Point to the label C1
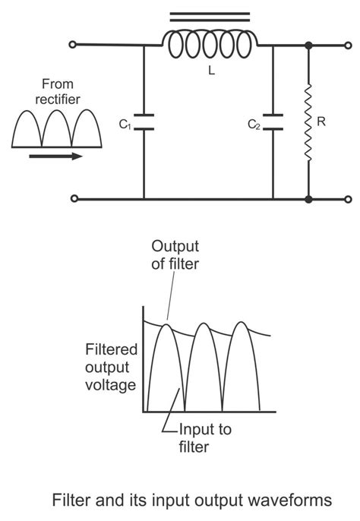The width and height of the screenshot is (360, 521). click(x=124, y=123)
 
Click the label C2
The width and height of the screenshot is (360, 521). click(x=254, y=123)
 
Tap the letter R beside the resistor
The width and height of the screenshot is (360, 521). click(x=321, y=121)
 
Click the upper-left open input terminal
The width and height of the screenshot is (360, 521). click(x=73, y=46)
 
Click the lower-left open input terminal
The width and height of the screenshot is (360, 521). click(x=73, y=200)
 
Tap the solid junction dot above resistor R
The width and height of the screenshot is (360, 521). click(x=308, y=46)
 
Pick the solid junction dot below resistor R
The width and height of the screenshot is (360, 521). click(x=308, y=200)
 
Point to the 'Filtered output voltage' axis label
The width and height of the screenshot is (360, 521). click(x=110, y=368)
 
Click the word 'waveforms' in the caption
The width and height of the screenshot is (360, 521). click(x=292, y=501)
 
